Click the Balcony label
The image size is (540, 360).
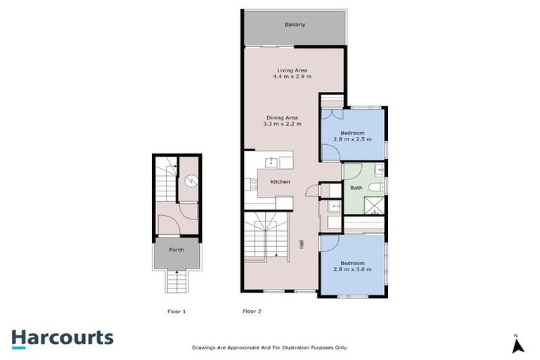[x=295, y=25]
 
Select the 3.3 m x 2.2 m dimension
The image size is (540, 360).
[x=282, y=124]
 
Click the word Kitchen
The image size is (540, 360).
[x=281, y=182]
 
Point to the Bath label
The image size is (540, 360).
[x=356, y=188]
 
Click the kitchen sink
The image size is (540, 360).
[x=271, y=163]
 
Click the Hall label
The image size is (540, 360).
[x=302, y=245]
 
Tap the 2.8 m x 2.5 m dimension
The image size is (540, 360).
[x=352, y=139]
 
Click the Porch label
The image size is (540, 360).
[x=176, y=250]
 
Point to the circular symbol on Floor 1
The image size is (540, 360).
[x=190, y=181]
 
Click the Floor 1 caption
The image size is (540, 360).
[x=176, y=311]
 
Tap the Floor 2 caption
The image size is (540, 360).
[x=252, y=311]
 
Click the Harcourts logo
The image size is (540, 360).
[x=62, y=337]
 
